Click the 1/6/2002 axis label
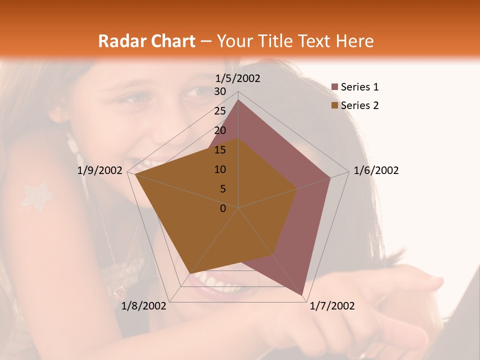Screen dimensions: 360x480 [x=376, y=170]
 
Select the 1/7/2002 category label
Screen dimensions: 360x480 [x=332, y=306]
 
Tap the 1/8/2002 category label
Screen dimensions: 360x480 [x=144, y=306]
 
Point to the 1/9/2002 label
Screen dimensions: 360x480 [x=100, y=170]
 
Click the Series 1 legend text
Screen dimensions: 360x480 [x=359, y=87]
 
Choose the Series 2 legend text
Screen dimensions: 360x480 [x=359, y=105]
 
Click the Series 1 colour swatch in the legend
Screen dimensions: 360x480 [x=335, y=87]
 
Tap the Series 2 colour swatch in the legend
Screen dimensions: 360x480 [x=335, y=105]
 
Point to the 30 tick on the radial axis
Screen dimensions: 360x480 [x=220, y=91]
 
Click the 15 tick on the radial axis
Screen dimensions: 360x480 [x=220, y=150]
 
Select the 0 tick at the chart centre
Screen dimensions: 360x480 [x=223, y=208]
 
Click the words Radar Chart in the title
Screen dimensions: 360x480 [x=146, y=41]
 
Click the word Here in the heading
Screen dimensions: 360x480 [x=354, y=41]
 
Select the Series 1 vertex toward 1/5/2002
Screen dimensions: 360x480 [x=238, y=100]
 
